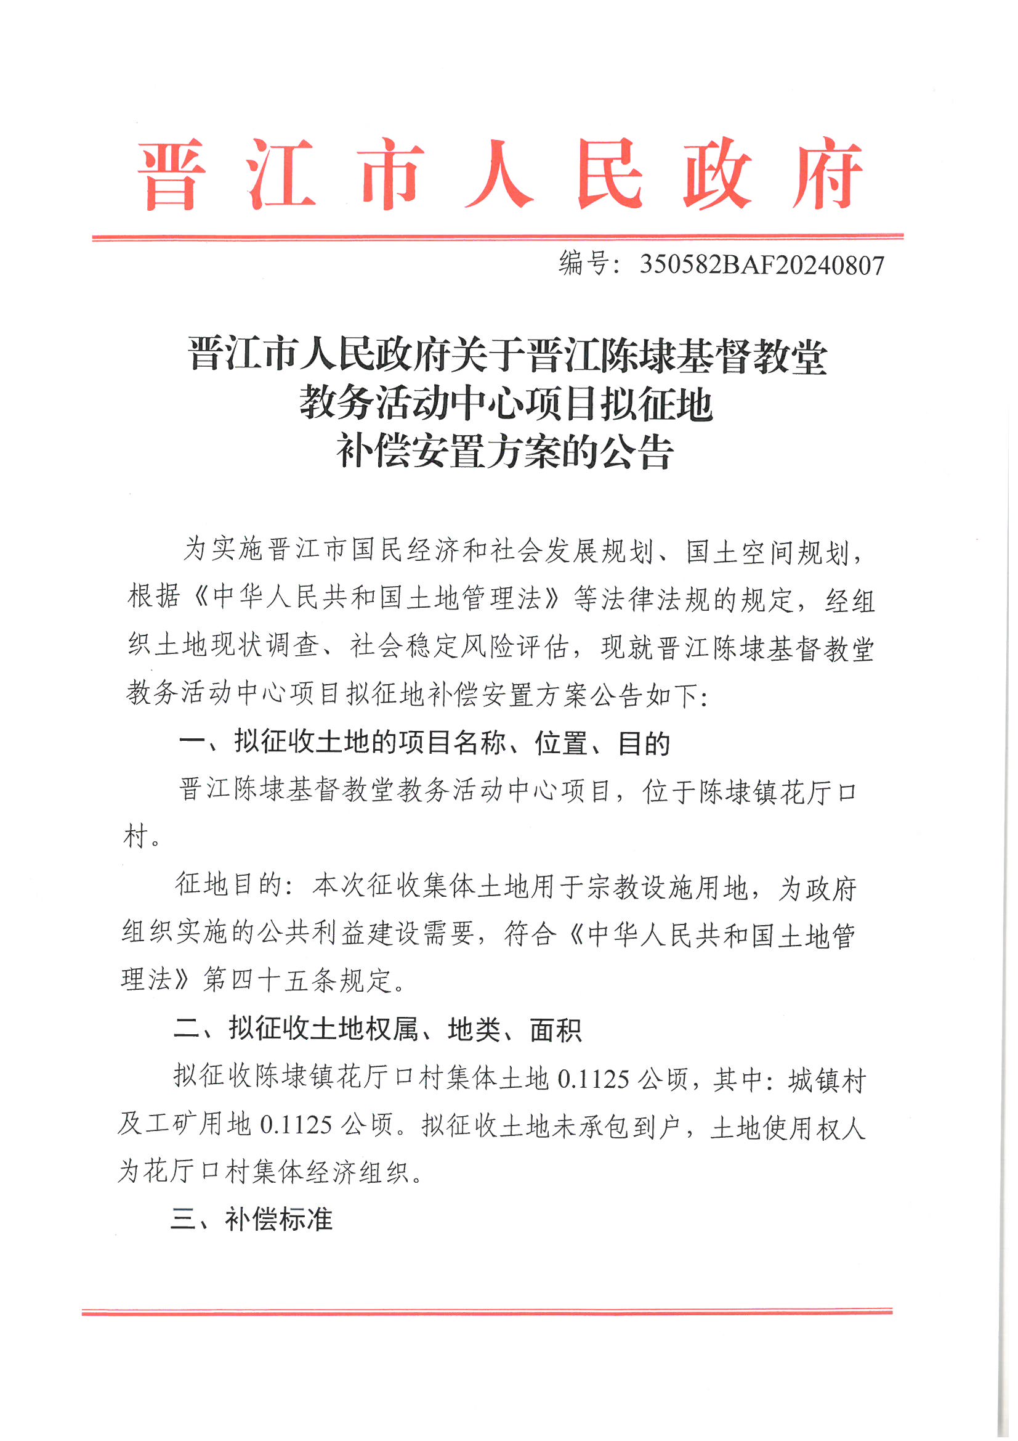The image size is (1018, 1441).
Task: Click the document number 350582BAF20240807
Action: (761, 266)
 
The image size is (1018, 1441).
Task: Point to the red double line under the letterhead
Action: (498, 237)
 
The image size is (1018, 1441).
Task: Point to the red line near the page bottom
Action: (487, 1312)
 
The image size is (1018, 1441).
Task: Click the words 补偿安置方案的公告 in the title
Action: (505, 452)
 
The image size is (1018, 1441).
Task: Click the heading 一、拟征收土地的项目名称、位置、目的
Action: (425, 743)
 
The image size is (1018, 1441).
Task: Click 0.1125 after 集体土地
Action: (593, 1079)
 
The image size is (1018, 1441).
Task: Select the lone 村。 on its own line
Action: (141, 836)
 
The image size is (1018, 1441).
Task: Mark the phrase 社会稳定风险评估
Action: (460, 647)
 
